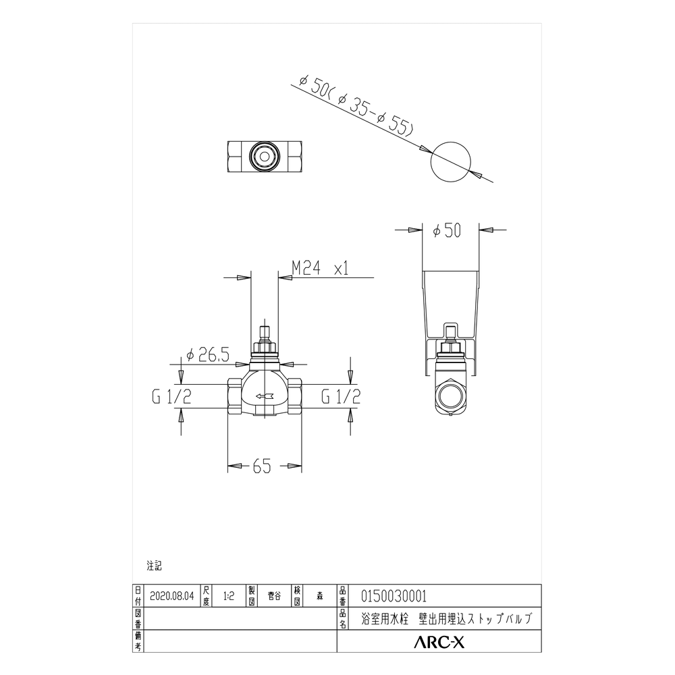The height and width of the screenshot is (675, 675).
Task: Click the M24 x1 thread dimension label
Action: (x=320, y=269)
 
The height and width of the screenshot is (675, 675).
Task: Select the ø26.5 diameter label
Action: (x=207, y=355)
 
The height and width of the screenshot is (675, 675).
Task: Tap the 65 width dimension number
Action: (x=262, y=466)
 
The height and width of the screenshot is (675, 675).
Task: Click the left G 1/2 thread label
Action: (x=171, y=396)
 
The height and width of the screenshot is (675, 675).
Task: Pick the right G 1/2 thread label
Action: (x=341, y=396)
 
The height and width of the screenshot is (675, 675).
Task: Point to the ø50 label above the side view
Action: (x=447, y=230)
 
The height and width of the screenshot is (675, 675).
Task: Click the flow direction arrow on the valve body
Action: (x=265, y=396)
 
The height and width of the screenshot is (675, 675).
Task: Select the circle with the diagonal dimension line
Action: (x=451, y=161)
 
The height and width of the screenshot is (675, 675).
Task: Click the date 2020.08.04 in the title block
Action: (x=171, y=596)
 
